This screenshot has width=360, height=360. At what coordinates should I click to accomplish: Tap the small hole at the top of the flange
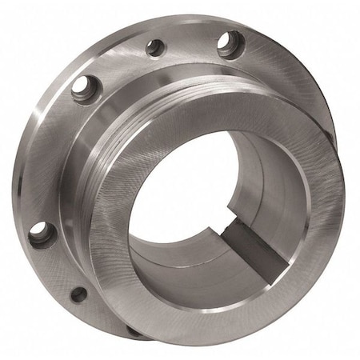coord(155,47)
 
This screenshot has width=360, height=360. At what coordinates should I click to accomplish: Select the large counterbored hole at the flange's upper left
coord(83,89)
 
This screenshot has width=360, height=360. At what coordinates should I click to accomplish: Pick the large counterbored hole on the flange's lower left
coord(40,234)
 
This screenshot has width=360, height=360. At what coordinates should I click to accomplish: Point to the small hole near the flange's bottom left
coord(78,294)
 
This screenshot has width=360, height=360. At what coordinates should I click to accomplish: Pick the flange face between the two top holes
coord(192,36)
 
